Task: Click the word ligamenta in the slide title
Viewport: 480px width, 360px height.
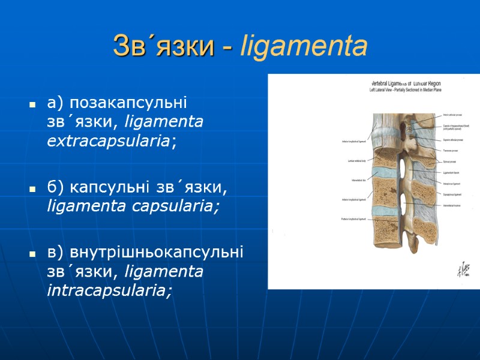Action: pyautogui.click(x=303, y=46)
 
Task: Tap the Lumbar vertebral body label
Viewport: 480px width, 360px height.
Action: pyautogui.click(x=349, y=161)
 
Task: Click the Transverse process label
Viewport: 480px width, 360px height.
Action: pyautogui.click(x=451, y=150)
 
